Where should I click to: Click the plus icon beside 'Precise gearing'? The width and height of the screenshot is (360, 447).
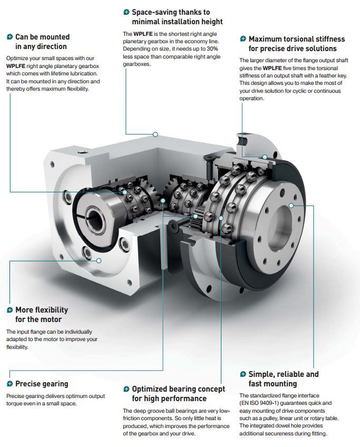pyautogui.click(x=9, y=384)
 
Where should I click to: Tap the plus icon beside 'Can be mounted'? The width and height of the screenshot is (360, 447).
pyautogui.click(x=9, y=37)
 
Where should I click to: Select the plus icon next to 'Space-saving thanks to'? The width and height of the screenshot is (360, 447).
pyautogui.click(x=127, y=12)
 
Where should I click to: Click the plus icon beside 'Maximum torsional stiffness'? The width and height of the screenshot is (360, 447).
pyautogui.click(x=243, y=39)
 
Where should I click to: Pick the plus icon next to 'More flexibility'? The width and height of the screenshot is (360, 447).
pyautogui.click(x=9, y=310)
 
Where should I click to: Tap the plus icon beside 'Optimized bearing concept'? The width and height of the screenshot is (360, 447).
pyautogui.click(x=127, y=389)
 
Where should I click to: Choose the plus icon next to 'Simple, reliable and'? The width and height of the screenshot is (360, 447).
pyautogui.click(x=243, y=374)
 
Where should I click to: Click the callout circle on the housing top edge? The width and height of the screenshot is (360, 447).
pyautogui.click(x=155, y=134)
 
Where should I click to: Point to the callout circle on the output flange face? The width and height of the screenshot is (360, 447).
pyautogui.click(x=291, y=206)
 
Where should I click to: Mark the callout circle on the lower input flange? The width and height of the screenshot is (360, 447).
pyautogui.click(x=99, y=260)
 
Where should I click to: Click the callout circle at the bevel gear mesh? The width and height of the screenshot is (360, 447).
pyautogui.click(x=163, y=201)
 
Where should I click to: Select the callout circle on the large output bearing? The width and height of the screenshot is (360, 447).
pyautogui.click(x=221, y=218)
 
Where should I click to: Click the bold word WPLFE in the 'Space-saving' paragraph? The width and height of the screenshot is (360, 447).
pyautogui.click(x=143, y=34)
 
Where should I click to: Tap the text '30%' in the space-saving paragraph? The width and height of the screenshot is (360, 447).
pyautogui.click(x=212, y=48)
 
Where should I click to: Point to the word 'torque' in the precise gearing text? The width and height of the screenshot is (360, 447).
pyautogui.click(x=14, y=404)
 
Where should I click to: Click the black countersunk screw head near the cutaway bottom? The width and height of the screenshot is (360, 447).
pyautogui.click(x=173, y=227)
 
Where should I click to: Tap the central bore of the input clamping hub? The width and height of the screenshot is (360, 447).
pyautogui.click(x=94, y=218)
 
